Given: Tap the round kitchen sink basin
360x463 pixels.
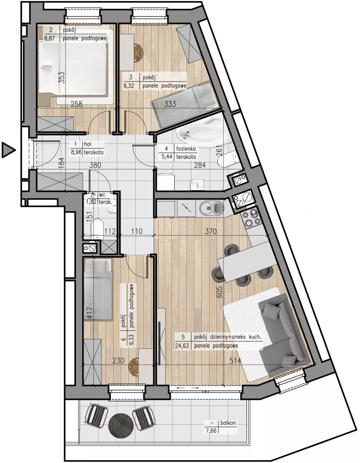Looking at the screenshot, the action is (x=206, y=208).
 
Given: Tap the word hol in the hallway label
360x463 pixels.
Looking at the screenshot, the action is (x=88, y=144).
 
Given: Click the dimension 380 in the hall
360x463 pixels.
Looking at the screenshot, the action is (x=95, y=165).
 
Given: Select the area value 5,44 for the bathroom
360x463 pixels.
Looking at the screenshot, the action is (x=167, y=157).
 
